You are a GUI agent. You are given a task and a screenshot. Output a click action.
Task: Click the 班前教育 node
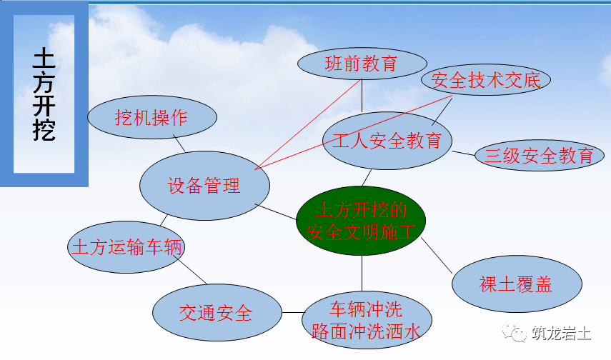(361, 64)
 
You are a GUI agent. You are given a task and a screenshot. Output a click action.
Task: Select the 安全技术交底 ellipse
(486, 80)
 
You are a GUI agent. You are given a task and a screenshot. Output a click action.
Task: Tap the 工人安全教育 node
(387, 141)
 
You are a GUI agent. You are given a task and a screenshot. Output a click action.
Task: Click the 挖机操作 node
(151, 118)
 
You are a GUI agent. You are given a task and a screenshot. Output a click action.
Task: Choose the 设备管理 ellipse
(204, 186)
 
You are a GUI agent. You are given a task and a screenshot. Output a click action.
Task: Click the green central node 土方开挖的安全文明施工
(361, 221)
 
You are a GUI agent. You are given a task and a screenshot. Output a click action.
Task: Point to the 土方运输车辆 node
(126, 247)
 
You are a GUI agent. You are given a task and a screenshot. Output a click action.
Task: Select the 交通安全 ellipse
(216, 312)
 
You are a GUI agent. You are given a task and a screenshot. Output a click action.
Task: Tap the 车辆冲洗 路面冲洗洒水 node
(367, 320)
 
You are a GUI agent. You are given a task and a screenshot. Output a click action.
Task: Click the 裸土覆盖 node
(515, 284)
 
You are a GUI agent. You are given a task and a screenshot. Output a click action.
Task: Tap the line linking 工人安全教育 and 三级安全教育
(464, 151)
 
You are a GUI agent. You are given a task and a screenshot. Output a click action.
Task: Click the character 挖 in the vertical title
(44, 129)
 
